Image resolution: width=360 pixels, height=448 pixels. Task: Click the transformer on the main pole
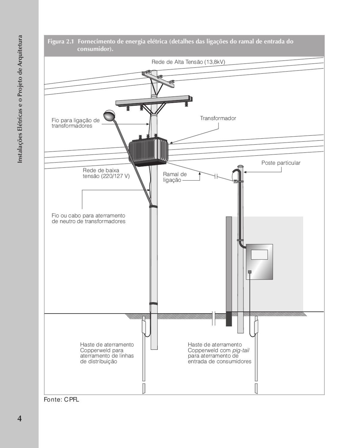click(x=148, y=151)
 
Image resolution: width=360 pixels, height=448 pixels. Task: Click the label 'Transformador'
click(x=218, y=118)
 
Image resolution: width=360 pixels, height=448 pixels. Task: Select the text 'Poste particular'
click(x=281, y=163)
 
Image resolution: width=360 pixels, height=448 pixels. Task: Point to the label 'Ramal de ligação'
click(x=175, y=177)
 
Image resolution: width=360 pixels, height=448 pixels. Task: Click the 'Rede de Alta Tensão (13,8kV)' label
click(x=188, y=62)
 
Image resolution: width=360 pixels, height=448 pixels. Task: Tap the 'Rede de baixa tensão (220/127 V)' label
click(x=106, y=173)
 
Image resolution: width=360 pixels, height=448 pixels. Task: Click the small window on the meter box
click(x=259, y=254)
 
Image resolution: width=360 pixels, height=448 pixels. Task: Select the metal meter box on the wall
click(x=259, y=262)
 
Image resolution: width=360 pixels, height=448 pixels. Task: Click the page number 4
click(x=19, y=418)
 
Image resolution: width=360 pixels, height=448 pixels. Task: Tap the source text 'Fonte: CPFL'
click(x=62, y=400)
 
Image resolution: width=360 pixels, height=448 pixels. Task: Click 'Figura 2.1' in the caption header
click(x=61, y=42)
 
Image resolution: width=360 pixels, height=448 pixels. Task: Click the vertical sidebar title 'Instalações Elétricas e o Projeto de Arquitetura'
click(x=20, y=99)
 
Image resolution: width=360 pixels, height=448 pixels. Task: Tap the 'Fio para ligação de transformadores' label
click(x=76, y=123)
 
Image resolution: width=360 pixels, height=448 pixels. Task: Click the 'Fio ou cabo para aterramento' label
click(x=88, y=219)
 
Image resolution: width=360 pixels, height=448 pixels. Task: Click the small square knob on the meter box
click(x=250, y=272)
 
